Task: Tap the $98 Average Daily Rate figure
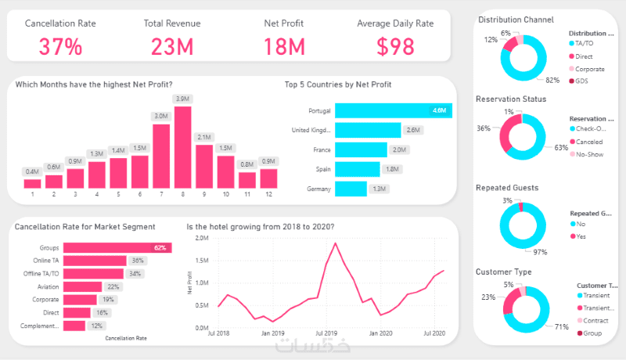coord(395,46)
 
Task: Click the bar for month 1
coord(33,182)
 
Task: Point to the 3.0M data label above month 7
coord(161,116)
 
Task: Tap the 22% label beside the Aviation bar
coord(113,286)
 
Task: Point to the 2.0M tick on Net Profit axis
coord(201,238)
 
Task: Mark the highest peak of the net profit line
coord(336,243)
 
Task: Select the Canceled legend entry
coord(591,141)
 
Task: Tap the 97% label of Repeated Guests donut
coord(539,252)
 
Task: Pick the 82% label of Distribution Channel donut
coord(552,81)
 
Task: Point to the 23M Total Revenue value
coord(172,46)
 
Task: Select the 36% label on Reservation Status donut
coord(484,128)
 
